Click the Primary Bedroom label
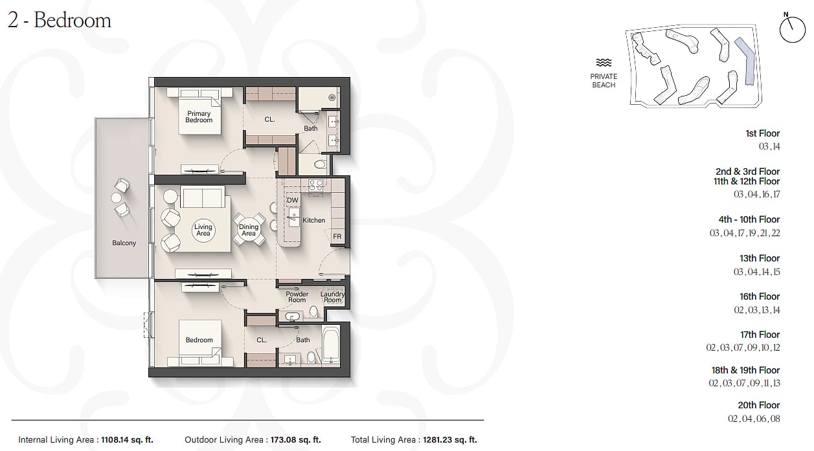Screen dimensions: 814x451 pos(199,117)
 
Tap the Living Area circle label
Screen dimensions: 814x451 pos(203,230)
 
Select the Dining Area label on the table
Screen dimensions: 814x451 pos(249,230)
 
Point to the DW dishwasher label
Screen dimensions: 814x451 pos(293,200)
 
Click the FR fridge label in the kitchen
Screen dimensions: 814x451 pos(337,236)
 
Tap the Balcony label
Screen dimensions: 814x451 pos(124,243)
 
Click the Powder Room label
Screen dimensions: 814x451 pos(297,296)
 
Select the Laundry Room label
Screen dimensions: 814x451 pos(332,296)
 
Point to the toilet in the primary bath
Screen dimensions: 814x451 pos(320,165)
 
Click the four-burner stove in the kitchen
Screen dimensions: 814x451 pos(316,186)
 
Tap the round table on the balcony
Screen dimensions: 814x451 pos(117,198)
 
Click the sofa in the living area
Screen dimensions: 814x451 pos(203,197)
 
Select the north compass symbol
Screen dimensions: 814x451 pos(792,28)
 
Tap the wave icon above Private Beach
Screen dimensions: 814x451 pos(604,63)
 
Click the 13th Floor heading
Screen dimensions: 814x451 pos(760,258)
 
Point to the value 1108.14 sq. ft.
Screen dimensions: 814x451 pos(127,440)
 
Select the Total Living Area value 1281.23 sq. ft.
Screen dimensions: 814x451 pos(450,440)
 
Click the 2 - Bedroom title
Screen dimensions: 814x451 pos(59,20)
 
